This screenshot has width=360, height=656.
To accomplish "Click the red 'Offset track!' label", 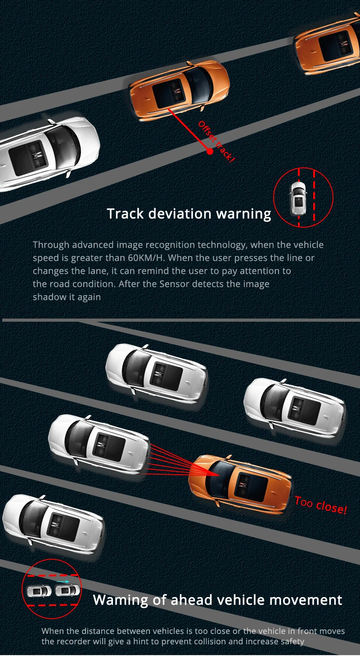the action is tap(217, 141).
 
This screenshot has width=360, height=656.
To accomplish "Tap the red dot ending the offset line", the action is tap(210, 151).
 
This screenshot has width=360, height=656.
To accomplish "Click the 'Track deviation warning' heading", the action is tap(189, 214).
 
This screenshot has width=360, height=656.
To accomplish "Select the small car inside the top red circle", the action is tap(297, 198).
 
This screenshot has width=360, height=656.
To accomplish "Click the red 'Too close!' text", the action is tap(321, 505).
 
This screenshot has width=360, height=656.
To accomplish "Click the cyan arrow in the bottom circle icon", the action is tap(63, 582).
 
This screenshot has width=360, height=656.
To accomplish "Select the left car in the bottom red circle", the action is tap(39, 591).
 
